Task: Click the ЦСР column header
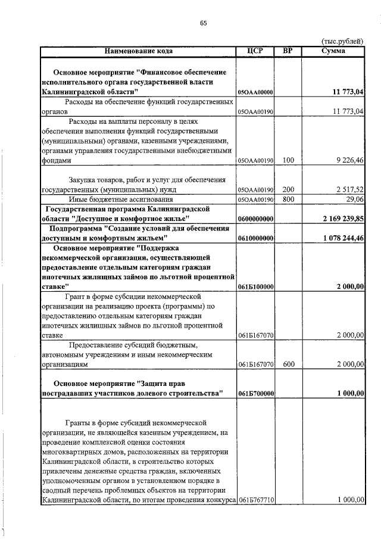(x=255, y=51)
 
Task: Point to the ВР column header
(x=288, y=51)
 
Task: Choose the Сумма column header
(x=333, y=51)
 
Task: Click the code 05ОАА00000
(x=255, y=93)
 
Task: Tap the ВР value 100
(x=288, y=160)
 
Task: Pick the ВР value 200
(x=288, y=189)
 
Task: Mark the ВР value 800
(x=288, y=200)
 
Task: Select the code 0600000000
(x=255, y=220)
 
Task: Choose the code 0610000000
(x=255, y=238)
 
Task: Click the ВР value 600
(x=288, y=364)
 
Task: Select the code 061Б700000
(x=255, y=394)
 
